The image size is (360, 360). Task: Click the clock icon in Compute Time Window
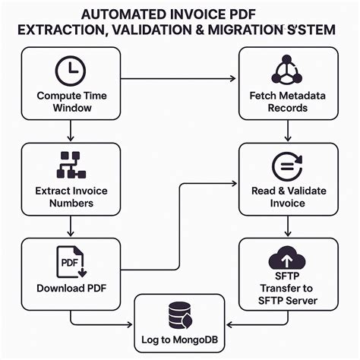(x=71, y=71)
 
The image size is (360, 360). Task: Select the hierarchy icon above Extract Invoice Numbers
(x=71, y=164)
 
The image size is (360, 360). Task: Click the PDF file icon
(x=71, y=261)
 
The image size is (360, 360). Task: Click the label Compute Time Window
(x=71, y=103)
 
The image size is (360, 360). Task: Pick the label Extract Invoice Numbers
(x=71, y=197)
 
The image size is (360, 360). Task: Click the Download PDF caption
(x=71, y=289)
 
